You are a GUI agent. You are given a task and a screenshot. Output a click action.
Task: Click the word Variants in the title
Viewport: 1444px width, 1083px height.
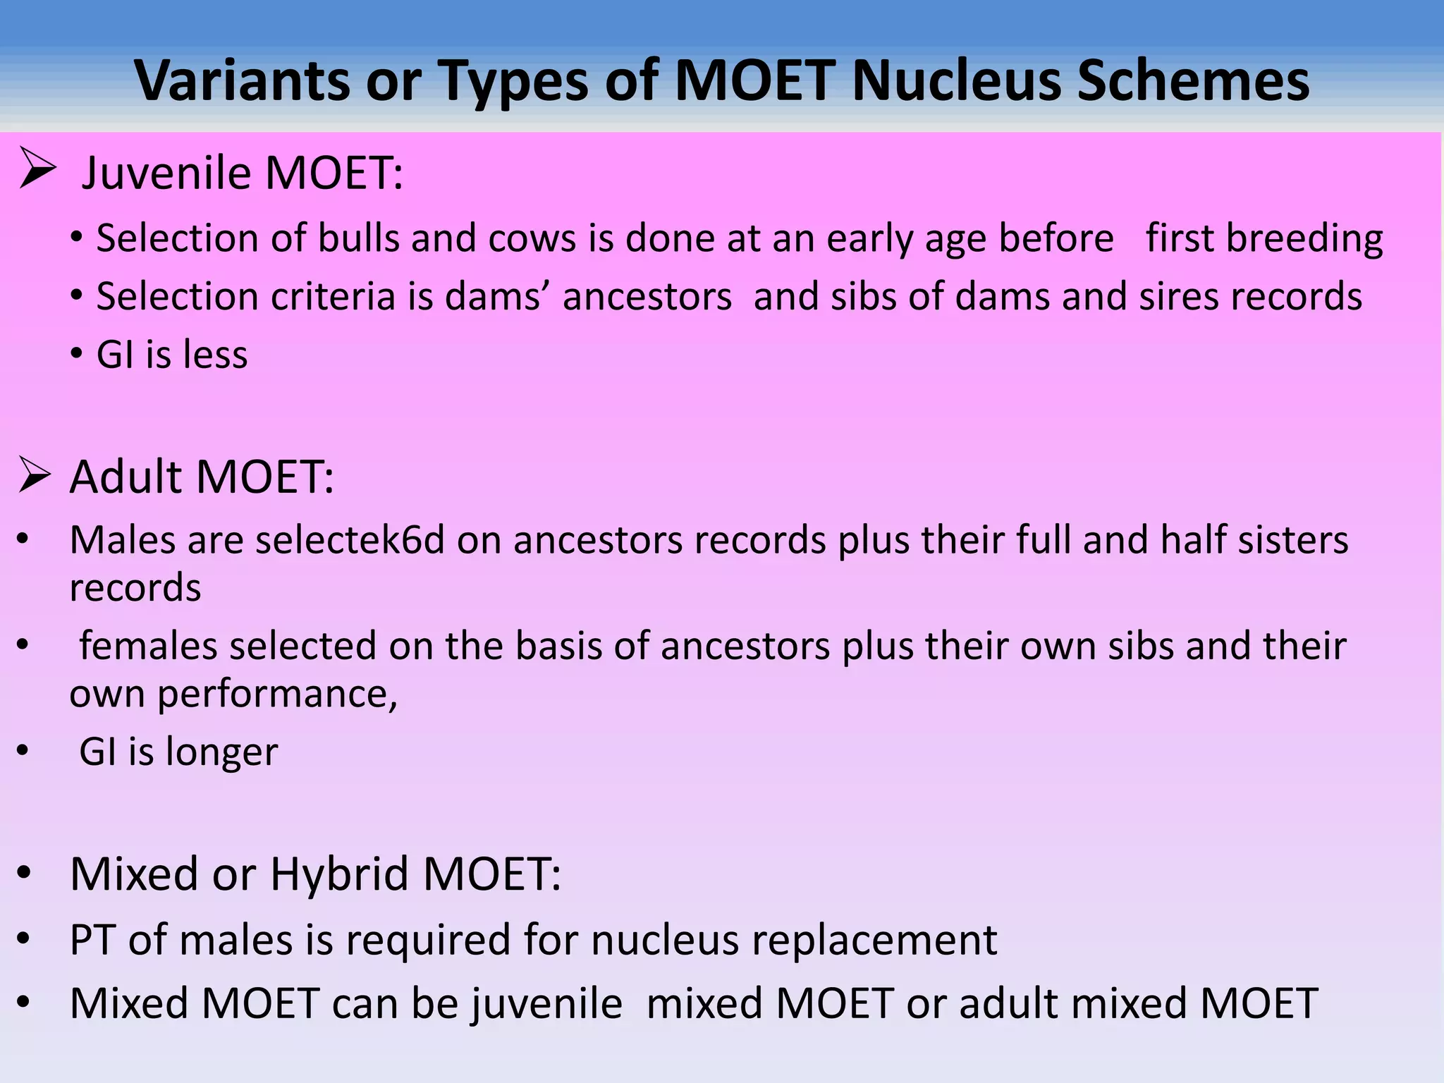(242, 80)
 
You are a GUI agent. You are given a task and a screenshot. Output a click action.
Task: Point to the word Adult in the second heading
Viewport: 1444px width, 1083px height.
(127, 477)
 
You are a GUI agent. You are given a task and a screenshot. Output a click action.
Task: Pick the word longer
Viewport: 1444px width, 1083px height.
(222, 752)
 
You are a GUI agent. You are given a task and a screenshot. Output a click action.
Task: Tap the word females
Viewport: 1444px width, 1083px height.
(149, 646)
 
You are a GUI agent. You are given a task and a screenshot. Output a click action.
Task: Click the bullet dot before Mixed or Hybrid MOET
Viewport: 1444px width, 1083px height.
(25, 874)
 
